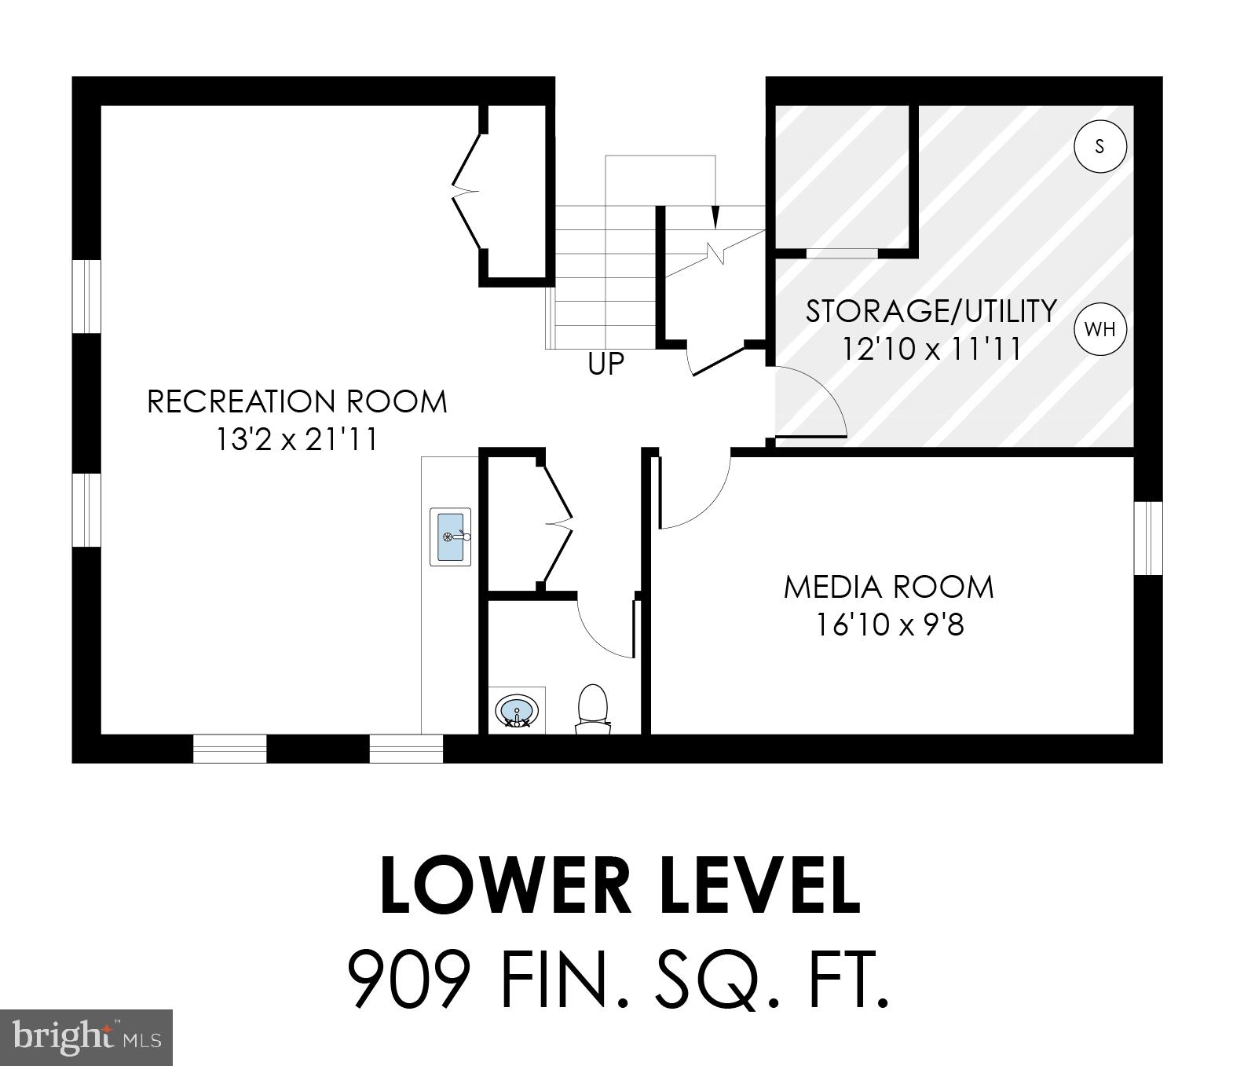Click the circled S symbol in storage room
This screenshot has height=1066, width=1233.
point(1099,145)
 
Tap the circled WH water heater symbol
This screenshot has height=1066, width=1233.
point(1099,329)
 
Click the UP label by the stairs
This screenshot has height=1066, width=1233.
point(606,363)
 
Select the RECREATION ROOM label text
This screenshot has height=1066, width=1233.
point(297,401)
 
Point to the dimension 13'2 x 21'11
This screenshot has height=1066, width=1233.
point(297,439)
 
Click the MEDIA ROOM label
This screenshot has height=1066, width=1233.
point(888,587)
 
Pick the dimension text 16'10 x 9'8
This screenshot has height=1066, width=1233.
point(888,625)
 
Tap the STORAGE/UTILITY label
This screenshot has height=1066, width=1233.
point(931,311)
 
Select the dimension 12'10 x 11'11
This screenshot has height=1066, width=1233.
point(931,348)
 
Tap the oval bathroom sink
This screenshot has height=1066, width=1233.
point(518,711)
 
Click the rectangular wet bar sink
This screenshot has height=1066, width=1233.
point(451,537)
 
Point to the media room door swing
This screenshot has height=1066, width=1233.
point(695,495)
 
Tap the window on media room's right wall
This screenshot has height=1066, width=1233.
point(1147,537)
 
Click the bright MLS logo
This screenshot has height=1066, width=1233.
point(86,1037)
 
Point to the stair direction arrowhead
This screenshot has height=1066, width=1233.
point(715,215)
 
